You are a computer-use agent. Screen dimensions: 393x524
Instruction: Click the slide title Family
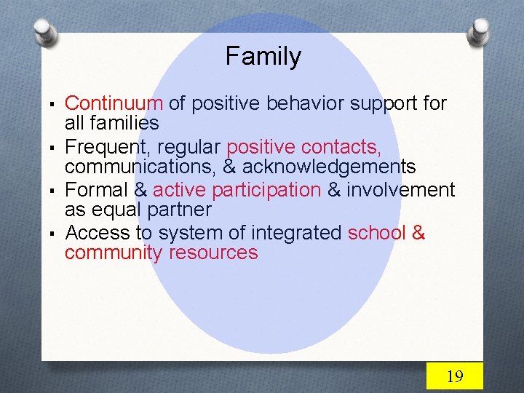point(263,57)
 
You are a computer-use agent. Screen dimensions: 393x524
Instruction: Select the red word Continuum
point(114,104)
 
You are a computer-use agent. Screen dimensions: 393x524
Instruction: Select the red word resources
point(213,253)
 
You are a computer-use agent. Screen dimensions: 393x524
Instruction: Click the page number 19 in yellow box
point(454,376)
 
